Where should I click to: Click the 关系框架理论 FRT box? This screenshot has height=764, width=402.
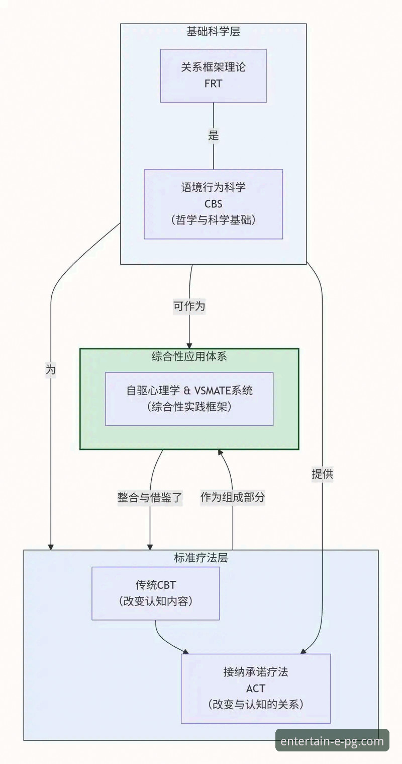(x=213, y=75)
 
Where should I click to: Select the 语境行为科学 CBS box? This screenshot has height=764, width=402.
(x=213, y=204)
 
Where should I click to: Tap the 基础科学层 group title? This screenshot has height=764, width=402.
(x=213, y=32)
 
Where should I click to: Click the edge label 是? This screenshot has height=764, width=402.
(x=213, y=136)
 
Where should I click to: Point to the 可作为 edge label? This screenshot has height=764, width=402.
(x=189, y=306)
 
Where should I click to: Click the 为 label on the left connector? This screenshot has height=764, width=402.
(x=51, y=370)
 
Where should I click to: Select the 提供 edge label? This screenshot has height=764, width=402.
(x=322, y=474)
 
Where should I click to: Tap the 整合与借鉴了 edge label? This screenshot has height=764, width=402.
(x=150, y=498)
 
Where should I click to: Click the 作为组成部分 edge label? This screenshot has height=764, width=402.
(x=233, y=498)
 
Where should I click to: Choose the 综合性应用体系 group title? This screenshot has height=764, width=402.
(x=189, y=357)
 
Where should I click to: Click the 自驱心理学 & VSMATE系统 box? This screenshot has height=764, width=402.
(x=189, y=399)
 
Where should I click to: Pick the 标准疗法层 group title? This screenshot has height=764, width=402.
(x=200, y=558)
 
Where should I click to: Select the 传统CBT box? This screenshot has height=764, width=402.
(x=155, y=593)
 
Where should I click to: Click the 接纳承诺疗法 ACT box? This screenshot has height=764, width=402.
(x=256, y=688)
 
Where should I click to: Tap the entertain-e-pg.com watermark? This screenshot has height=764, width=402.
(x=332, y=741)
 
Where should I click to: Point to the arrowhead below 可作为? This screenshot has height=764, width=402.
(x=189, y=345)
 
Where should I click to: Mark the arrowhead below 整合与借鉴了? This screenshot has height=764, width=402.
(x=150, y=546)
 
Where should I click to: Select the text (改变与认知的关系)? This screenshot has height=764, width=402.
(x=256, y=704)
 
